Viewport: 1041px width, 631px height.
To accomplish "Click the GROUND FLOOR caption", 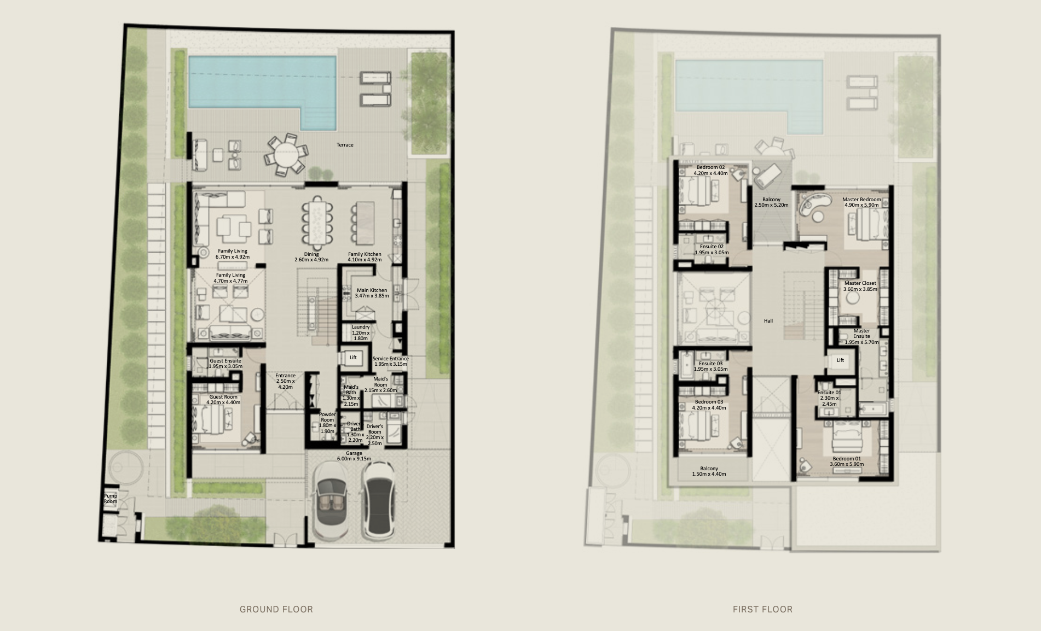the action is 276,609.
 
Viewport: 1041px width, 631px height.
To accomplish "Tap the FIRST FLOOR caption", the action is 762,609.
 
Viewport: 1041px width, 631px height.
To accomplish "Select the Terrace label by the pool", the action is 345,145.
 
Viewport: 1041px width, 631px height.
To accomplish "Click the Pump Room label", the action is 111,499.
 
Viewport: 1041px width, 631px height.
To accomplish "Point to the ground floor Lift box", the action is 353,358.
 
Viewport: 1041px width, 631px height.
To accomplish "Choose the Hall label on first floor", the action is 768,321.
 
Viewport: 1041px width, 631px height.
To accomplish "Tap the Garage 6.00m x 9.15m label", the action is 354,456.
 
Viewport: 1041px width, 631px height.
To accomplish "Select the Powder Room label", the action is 327,423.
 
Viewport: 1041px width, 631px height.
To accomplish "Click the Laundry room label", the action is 361,332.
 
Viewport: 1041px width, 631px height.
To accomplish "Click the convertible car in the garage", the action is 331,501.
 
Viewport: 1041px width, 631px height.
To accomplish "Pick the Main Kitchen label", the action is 372,293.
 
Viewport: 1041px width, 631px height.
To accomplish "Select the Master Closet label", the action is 860,286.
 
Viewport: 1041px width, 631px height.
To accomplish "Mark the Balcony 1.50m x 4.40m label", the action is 709,471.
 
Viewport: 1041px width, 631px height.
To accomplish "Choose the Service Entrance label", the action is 391,361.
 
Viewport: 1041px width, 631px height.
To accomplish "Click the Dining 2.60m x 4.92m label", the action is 311,257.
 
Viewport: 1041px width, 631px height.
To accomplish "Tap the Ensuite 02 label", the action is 712,249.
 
